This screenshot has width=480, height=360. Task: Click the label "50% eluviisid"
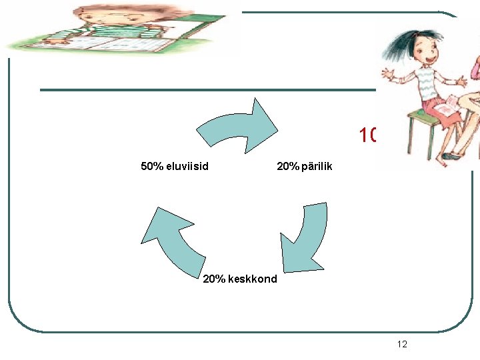[x=175, y=166]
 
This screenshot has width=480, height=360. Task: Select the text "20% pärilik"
[x=304, y=166]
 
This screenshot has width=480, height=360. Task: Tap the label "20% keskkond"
[x=239, y=279]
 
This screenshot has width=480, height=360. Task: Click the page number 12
[x=401, y=344]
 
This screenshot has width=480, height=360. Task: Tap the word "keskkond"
[x=252, y=279]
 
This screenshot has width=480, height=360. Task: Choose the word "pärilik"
[x=314, y=166]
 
